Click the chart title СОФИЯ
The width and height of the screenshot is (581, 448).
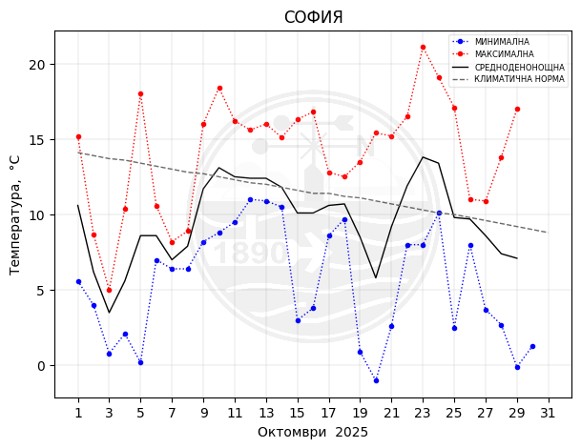coord(313,17)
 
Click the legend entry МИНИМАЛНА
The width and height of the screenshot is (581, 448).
coord(502,42)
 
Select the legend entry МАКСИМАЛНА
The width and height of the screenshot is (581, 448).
coord(504,54)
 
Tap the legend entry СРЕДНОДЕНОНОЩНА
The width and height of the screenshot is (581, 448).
coord(519,68)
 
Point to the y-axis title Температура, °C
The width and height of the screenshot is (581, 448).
coord(15,214)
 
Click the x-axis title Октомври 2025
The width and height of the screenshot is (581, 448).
coord(313,432)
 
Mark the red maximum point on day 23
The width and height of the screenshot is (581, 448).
coord(423,47)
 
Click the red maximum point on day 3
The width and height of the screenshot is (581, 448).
coord(109,290)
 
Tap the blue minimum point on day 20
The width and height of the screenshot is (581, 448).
coord(376,380)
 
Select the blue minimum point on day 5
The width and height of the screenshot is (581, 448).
coord(140,362)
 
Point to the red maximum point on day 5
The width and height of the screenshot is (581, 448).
coord(140,93)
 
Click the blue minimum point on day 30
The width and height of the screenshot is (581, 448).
coord(532,346)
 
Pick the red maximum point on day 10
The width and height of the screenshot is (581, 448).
coord(219,88)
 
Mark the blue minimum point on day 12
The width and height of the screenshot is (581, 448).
coord(250,199)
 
